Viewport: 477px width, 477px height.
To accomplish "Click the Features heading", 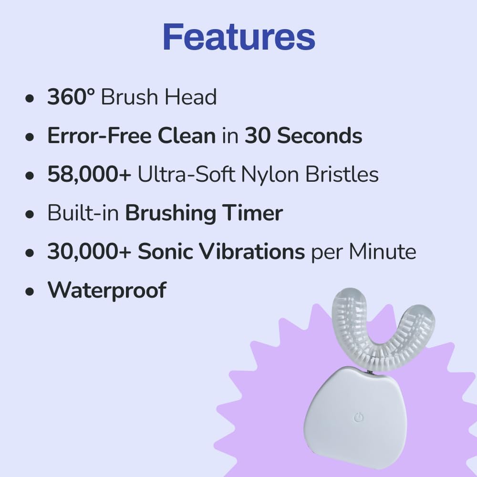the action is (x=239, y=37).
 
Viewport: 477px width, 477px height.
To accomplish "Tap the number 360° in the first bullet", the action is (x=71, y=97).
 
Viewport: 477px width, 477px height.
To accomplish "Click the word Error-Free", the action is (x=99, y=135).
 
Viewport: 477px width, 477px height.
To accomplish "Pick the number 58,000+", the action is (x=89, y=174).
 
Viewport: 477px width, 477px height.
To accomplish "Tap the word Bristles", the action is (x=342, y=174).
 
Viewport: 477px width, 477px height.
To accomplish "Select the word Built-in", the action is (x=83, y=213).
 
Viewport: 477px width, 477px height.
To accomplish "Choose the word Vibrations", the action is (x=251, y=251).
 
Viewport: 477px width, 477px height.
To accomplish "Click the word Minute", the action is (x=383, y=251).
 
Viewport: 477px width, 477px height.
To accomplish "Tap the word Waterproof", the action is (x=107, y=290).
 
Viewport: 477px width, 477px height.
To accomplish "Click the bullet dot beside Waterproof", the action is (x=30, y=291).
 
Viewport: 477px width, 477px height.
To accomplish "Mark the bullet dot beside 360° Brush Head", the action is (x=30, y=98).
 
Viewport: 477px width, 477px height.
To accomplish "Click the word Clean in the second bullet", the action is (x=187, y=135).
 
